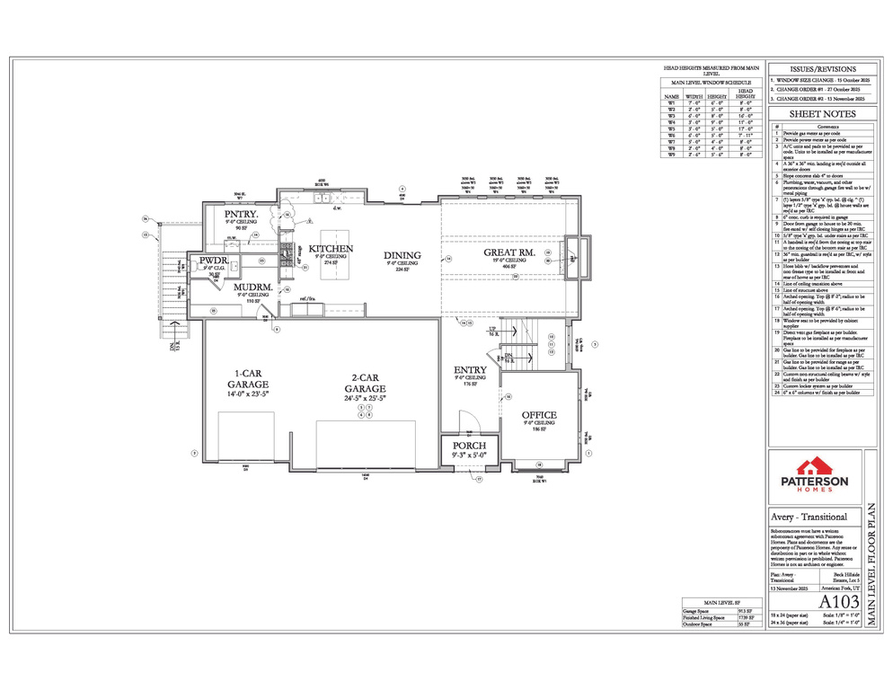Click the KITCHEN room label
(x=331, y=248)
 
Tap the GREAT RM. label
(x=509, y=253)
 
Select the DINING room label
(x=402, y=255)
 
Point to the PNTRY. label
(x=242, y=214)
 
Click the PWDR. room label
(x=214, y=261)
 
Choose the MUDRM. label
(x=252, y=287)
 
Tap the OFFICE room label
(x=539, y=414)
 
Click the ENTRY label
(x=471, y=369)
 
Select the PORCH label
(x=469, y=446)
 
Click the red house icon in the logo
(x=816, y=464)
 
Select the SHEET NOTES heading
(x=822, y=114)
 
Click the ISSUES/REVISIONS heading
(x=822, y=69)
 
